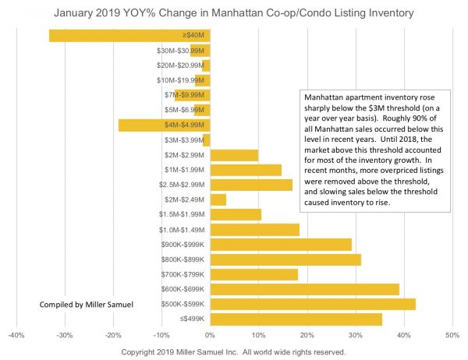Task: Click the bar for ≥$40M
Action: click(x=129, y=35)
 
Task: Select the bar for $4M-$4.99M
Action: click(x=164, y=125)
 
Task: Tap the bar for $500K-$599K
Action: click(x=313, y=304)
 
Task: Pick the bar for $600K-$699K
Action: click(x=304, y=289)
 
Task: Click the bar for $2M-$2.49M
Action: click(x=218, y=199)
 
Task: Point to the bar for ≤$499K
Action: click(x=296, y=319)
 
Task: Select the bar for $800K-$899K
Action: click(x=285, y=259)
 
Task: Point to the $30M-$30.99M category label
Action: click(x=181, y=51)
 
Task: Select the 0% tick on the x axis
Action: click(x=210, y=336)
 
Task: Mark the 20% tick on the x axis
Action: click(x=307, y=336)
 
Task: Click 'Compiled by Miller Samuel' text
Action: click(x=85, y=304)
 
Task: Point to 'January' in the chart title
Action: click(x=77, y=12)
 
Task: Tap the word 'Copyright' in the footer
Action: click(x=144, y=352)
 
